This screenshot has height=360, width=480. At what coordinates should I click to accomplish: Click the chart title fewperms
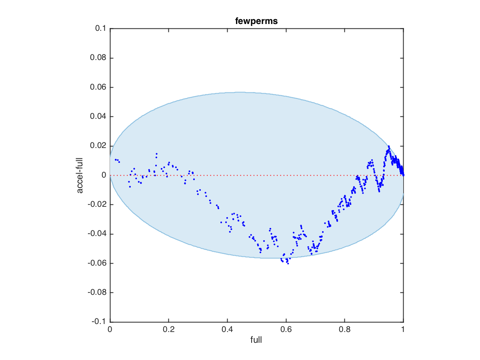(x=256, y=21)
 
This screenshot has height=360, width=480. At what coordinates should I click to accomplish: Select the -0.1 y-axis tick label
(x=99, y=322)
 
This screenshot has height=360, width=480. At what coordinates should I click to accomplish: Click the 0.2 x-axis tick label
(x=168, y=330)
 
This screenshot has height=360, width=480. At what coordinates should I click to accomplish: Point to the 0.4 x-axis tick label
(x=227, y=330)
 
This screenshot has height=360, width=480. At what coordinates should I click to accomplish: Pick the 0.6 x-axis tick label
(x=286, y=330)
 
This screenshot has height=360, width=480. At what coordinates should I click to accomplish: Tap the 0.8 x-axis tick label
(x=345, y=330)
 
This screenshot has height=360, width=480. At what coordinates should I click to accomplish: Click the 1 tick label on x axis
(x=403, y=330)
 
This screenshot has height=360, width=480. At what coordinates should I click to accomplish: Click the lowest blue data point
(x=288, y=264)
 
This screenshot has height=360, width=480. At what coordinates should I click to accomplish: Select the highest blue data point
(x=388, y=146)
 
